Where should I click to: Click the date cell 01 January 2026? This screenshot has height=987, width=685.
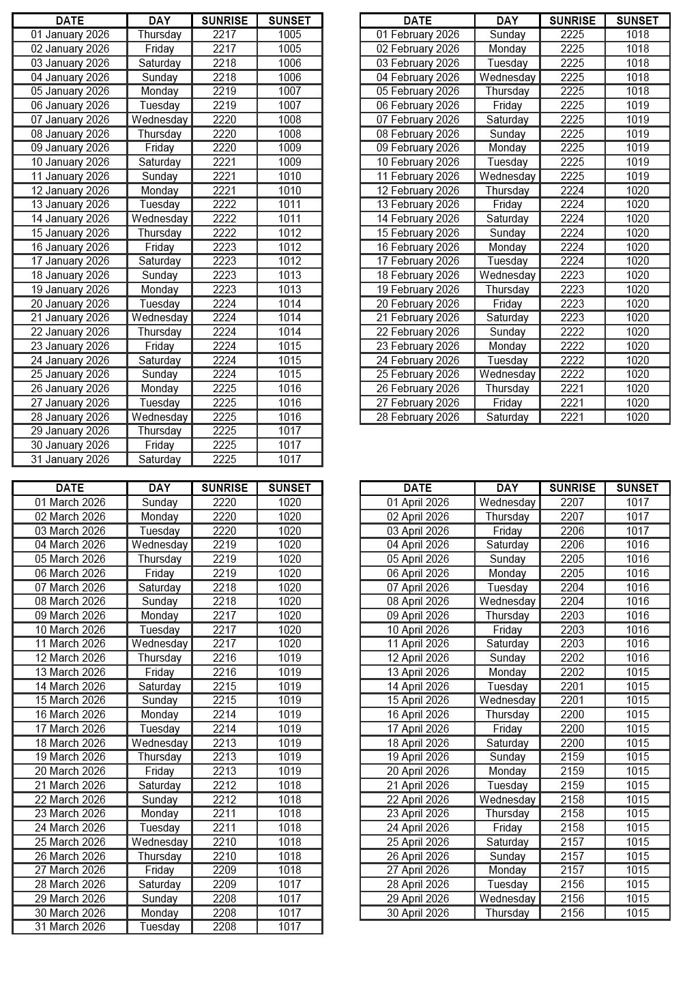click(x=70, y=35)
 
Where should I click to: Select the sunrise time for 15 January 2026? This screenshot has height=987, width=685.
click(x=224, y=233)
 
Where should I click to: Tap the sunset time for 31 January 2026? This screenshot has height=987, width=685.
click(x=289, y=459)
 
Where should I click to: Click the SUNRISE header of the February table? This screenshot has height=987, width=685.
click(x=572, y=20)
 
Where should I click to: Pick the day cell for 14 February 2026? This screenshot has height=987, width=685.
click(x=507, y=218)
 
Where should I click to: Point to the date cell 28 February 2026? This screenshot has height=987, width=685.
click(x=418, y=417)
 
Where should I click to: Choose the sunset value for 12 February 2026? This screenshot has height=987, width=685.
click(x=637, y=190)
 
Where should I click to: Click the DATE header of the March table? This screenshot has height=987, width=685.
click(x=70, y=488)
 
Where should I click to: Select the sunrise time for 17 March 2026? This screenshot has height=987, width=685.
click(x=224, y=728)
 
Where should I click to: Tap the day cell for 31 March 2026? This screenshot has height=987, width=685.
click(x=159, y=926)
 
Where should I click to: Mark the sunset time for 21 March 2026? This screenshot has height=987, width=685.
click(x=289, y=785)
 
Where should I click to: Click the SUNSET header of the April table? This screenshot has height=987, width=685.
click(x=637, y=488)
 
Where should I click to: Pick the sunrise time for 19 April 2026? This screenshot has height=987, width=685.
click(x=572, y=756)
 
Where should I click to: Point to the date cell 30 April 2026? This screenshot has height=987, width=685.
click(x=418, y=913)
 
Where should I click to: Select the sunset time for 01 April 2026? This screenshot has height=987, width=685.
click(x=637, y=502)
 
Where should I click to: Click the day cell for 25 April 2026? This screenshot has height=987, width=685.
click(x=507, y=842)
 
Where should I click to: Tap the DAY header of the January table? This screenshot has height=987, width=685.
click(x=159, y=20)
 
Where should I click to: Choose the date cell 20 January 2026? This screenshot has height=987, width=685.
click(x=70, y=304)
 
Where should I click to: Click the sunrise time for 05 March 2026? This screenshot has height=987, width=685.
click(x=224, y=559)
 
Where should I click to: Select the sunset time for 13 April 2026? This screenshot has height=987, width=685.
click(x=637, y=672)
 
